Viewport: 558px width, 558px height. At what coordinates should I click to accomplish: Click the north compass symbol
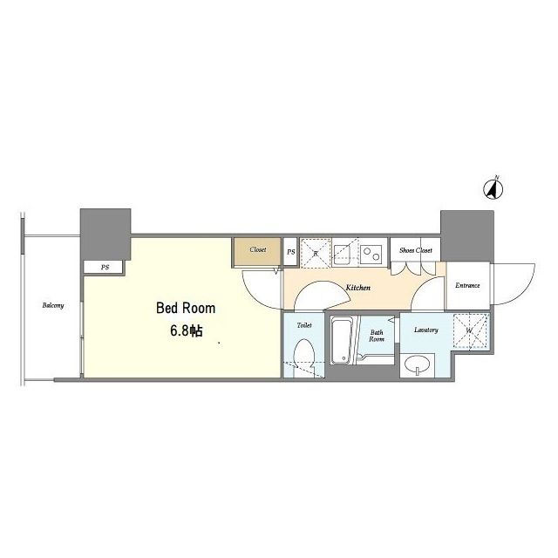click(x=493, y=189)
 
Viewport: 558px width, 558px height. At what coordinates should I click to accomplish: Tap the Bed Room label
click(x=186, y=308)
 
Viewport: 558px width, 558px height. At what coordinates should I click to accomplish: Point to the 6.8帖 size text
click(x=187, y=331)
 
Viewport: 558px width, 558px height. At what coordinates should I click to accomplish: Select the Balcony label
click(x=53, y=305)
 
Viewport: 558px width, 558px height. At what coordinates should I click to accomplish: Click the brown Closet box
click(x=258, y=252)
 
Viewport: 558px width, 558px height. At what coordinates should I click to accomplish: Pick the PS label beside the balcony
click(x=105, y=268)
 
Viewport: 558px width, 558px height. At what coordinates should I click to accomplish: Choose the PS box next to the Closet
click(x=290, y=252)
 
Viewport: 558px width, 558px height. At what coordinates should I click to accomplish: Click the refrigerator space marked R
click(x=316, y=253)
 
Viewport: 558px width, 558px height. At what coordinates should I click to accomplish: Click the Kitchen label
click(x=358, y=288)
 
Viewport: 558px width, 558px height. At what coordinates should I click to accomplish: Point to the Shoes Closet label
click(x=416, y=250)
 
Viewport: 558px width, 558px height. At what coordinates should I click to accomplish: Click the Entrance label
click(x=467, y=285)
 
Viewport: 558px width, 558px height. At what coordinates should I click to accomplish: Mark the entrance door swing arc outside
click(x=526, y=290)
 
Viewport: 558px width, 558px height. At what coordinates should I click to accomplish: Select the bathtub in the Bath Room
click(x=340, y=341)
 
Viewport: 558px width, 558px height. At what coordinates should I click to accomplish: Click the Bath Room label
click(x=377, y=336)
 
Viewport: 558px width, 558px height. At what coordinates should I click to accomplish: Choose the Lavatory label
click(x=426, y=330)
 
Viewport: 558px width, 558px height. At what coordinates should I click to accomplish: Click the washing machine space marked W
click(x=471, y=330)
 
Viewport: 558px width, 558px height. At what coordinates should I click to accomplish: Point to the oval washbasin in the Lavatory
click(x=417, y=364)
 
